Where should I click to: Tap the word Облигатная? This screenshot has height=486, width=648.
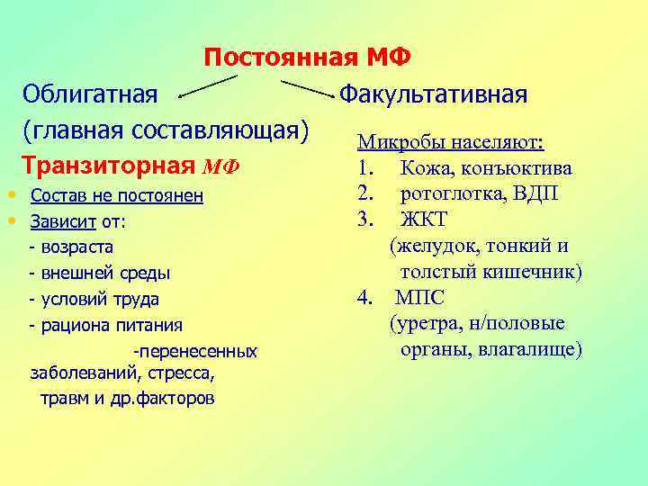click(90, 94)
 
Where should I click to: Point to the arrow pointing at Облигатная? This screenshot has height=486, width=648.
click(207, 85)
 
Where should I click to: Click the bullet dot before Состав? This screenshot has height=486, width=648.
click(8, 194)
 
